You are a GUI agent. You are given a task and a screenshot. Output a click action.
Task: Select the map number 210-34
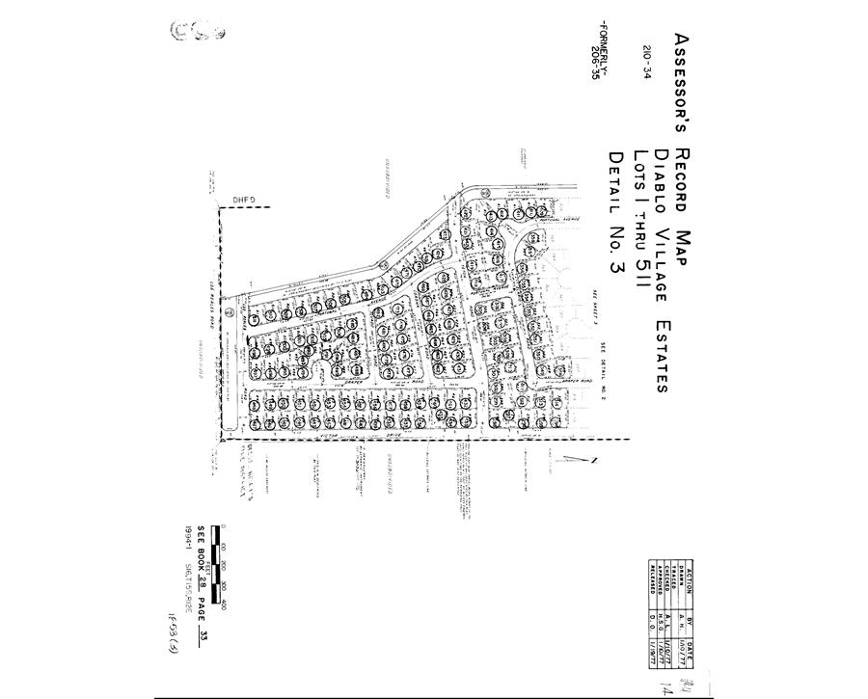(645, 59)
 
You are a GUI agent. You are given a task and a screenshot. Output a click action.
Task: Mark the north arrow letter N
(596, 459)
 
